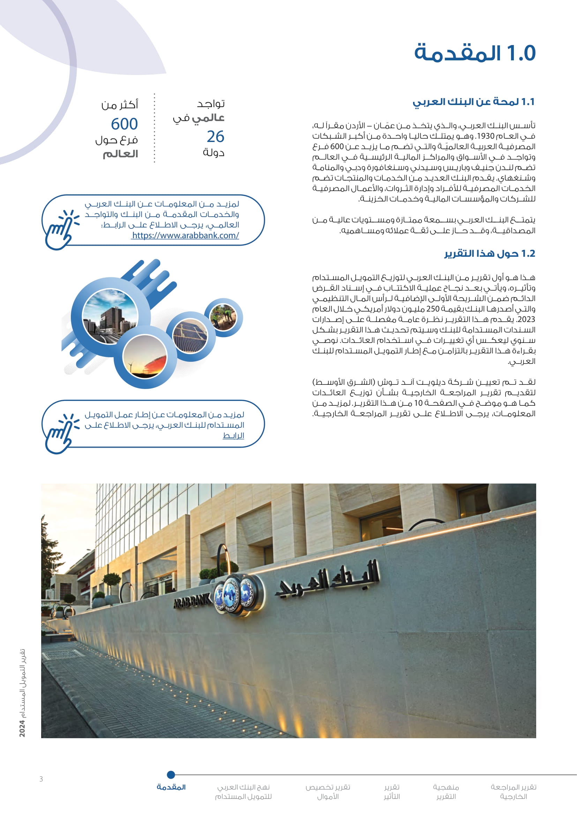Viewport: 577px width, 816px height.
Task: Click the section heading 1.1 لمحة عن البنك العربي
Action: [473, 102]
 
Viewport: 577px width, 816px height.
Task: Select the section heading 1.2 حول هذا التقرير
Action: [489, 253]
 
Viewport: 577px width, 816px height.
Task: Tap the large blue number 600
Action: [124, 124]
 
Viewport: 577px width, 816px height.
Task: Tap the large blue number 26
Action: [215, 136]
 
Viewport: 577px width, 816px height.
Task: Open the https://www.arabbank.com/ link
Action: [185, 235]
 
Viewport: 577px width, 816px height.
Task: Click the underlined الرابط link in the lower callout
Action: [233, 435]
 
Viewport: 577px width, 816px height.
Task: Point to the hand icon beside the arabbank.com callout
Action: [61, 230]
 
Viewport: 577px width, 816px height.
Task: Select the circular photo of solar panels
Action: [190, 335]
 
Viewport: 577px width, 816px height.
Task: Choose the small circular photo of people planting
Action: [223, 317]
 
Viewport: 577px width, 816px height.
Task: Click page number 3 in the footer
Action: [41, 779]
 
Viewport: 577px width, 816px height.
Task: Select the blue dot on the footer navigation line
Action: [171, 774]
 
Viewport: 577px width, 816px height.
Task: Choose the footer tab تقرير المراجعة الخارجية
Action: [514, 792]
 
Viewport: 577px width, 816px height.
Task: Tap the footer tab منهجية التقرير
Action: [446, 792]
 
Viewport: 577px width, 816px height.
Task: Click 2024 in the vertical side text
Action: [22, 728]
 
